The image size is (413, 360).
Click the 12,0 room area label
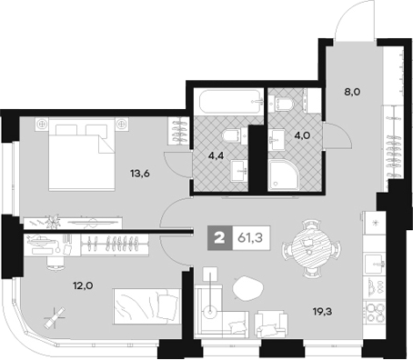[x=84, y=283]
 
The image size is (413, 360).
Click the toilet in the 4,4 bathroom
[x=233, y=135]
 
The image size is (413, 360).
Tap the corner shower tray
[x=287, y=176]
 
